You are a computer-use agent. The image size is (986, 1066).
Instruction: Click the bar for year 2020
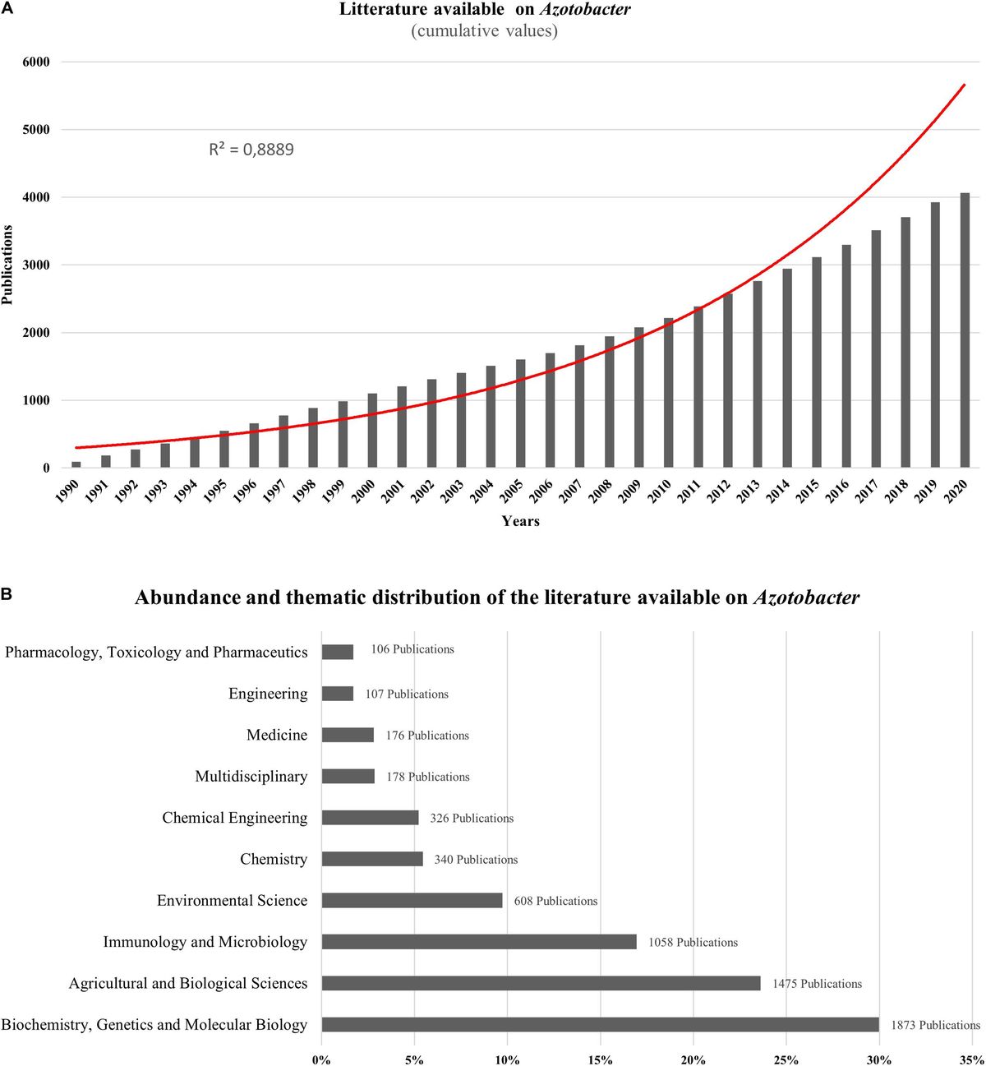[x=965, y=330]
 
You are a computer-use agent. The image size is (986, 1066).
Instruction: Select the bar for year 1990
[x=76, y=464]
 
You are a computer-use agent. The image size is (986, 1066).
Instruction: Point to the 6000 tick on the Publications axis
[x=36, y=62]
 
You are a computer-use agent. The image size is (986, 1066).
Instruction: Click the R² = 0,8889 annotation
[x=251, y=150]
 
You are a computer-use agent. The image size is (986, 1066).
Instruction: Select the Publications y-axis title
[x=7, y=265]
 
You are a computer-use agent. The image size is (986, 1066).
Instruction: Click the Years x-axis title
[x=521, y=521]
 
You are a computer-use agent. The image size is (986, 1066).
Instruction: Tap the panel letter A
[x=7, y=9]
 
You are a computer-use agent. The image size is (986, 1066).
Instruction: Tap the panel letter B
[x=7, y=593]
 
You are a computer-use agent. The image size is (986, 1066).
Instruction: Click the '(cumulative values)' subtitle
[x=484, y=31]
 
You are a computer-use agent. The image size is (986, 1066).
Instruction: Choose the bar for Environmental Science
[x=412, y=901]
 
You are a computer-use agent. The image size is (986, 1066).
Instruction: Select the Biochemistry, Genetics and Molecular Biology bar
[x=600, y=1025]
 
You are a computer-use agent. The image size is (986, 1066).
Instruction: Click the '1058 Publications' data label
[x=693, y=943]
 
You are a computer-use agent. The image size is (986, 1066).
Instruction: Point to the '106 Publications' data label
[x=412, y=649]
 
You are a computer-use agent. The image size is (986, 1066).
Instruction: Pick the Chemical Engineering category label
[x=235, y=818]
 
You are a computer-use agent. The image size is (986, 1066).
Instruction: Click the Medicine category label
[x=277, y=735]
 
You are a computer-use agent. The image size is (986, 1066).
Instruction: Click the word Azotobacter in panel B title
[x=806, y=598]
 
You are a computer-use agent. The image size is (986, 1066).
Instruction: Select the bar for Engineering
[x=338, y=694]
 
